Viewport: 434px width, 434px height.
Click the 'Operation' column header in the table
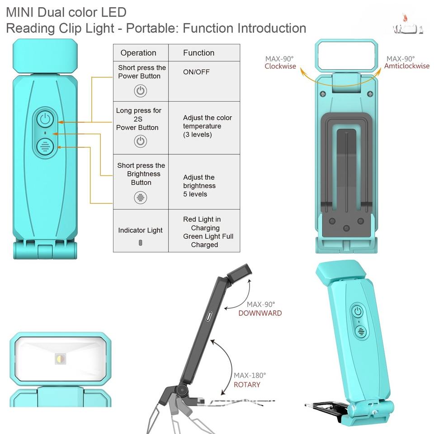pyautogui.click(x=138, y=53)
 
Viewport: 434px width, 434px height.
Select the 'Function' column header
pyautogui.click(x=198, y=53)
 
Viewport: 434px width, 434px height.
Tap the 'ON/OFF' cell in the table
pyautogui.click(x=196, y=72)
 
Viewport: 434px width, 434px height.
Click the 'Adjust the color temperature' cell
pyautogui.click(x=207, y=126)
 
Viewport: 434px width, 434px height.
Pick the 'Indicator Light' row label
pyautogui.click(x=140, y=230)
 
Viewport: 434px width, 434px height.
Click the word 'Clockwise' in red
pyautogui.click(x=280, y=66)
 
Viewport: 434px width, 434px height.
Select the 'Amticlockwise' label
pyautogui.click(x=407, y=66)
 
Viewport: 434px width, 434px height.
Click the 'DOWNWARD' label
pyautogui.click(x=260, y=313)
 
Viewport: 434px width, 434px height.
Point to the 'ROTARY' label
pyautogui.click(x=247, y=385)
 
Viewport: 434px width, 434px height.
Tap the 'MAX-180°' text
pyautogui.click(x=250, y=375)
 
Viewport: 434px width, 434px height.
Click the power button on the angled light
pyautogui.click(x=358, y=311)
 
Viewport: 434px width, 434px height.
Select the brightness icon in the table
pyautogui.click(x=141, y=198)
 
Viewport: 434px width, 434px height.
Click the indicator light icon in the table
pyautogui.click(x=141, y=243)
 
